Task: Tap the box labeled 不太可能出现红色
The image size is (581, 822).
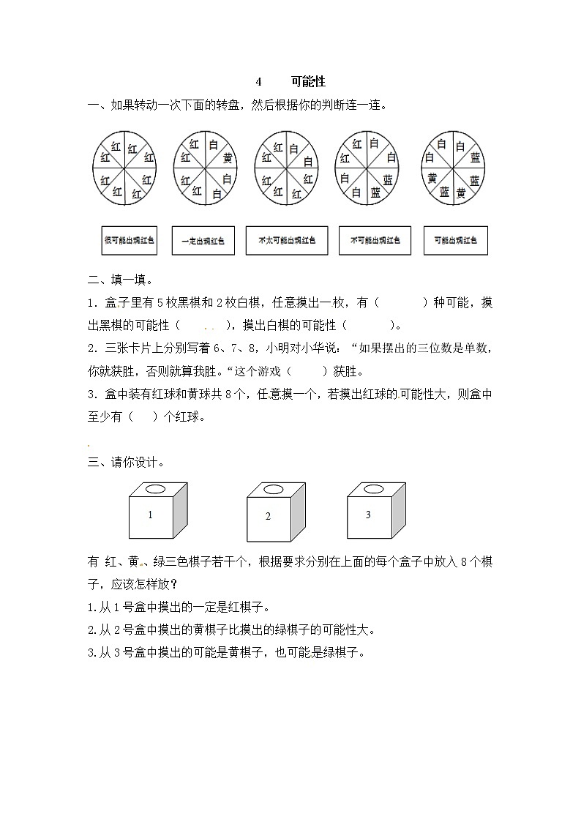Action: click(286, 240)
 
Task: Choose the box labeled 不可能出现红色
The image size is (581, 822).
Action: click(375, 240)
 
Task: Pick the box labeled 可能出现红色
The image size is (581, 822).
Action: click(455, 240)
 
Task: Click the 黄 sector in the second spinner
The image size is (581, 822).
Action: click(228, 159)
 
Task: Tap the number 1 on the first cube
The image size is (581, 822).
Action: click(150, 515)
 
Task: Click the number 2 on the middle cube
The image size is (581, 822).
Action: click(268, 516)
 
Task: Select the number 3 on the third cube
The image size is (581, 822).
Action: click(368, 515)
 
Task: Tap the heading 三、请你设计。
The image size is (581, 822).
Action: click(126, 462)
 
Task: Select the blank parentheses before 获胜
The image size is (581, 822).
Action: click(307, 371)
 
